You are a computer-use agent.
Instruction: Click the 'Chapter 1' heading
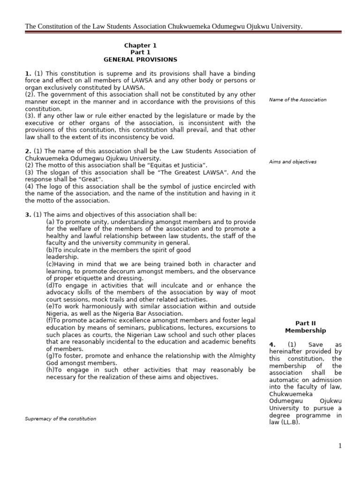(140, 45)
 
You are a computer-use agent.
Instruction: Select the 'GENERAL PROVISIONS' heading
(140, 60)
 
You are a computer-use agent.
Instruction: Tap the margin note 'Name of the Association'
(298, 100)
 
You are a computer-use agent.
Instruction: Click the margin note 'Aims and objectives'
(292, 162)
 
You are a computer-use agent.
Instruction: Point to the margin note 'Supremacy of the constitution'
(60, 419)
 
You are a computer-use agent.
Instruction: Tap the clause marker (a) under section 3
(50, 222)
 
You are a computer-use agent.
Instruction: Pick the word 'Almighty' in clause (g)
(242, 355)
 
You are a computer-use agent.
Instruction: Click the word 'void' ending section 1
(168, 137)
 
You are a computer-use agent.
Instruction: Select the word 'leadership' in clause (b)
(62, 257)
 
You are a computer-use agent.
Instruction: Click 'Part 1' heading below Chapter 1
(140, 52)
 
